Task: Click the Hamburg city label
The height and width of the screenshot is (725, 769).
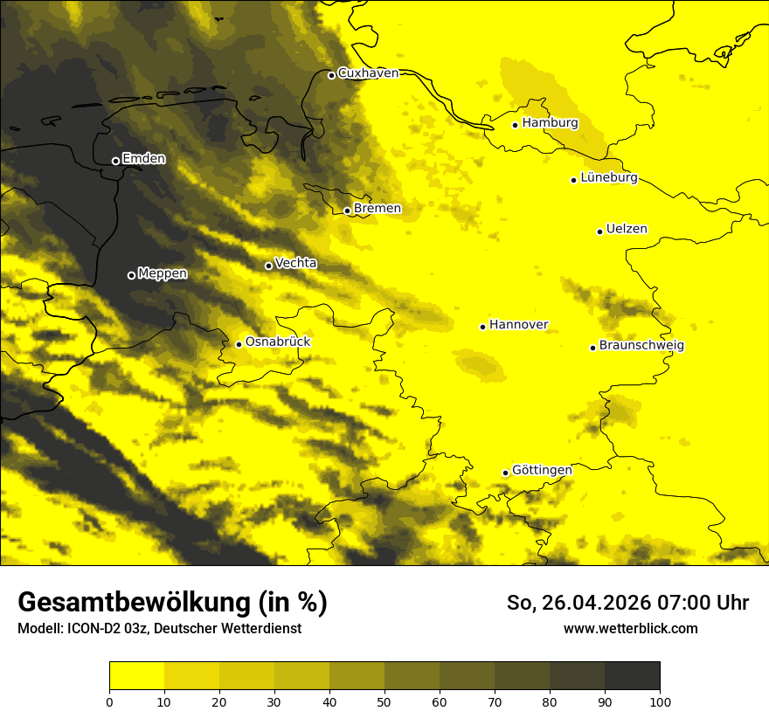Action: pyautogui.click(x=550, y=123)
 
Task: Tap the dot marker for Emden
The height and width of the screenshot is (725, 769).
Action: pyautogui.click(x=115, y=161)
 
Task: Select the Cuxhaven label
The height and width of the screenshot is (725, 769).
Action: pyautogui.click(x=368, y=73)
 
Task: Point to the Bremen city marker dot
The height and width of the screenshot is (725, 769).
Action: pyautogui.click(x=347, y=211)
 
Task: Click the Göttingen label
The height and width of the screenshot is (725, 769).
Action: pyautogui.click(x=542, y=471)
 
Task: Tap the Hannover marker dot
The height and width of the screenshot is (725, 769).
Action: pyautogui.click(x=482, y=327)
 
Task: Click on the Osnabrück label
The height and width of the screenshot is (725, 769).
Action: pyautogui.click(x=278, y=342)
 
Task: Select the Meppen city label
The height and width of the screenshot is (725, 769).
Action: pyautogui.click(x=163, y=274)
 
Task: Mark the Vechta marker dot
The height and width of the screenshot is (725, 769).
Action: pyautogui.click(x=268, y=266)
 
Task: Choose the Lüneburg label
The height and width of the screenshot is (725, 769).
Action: pyautogui.click(x=608, y=178)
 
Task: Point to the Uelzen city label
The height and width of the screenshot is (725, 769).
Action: pyautogui.click(x=627, y=230)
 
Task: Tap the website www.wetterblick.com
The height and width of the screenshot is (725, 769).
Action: pyautogui.click(x=630, y=629)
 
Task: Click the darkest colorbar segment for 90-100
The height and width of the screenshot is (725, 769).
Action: pyautogui.click(x=632, y=675)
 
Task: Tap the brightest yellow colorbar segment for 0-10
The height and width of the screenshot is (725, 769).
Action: pyautogui.click(x=136, y=675)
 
